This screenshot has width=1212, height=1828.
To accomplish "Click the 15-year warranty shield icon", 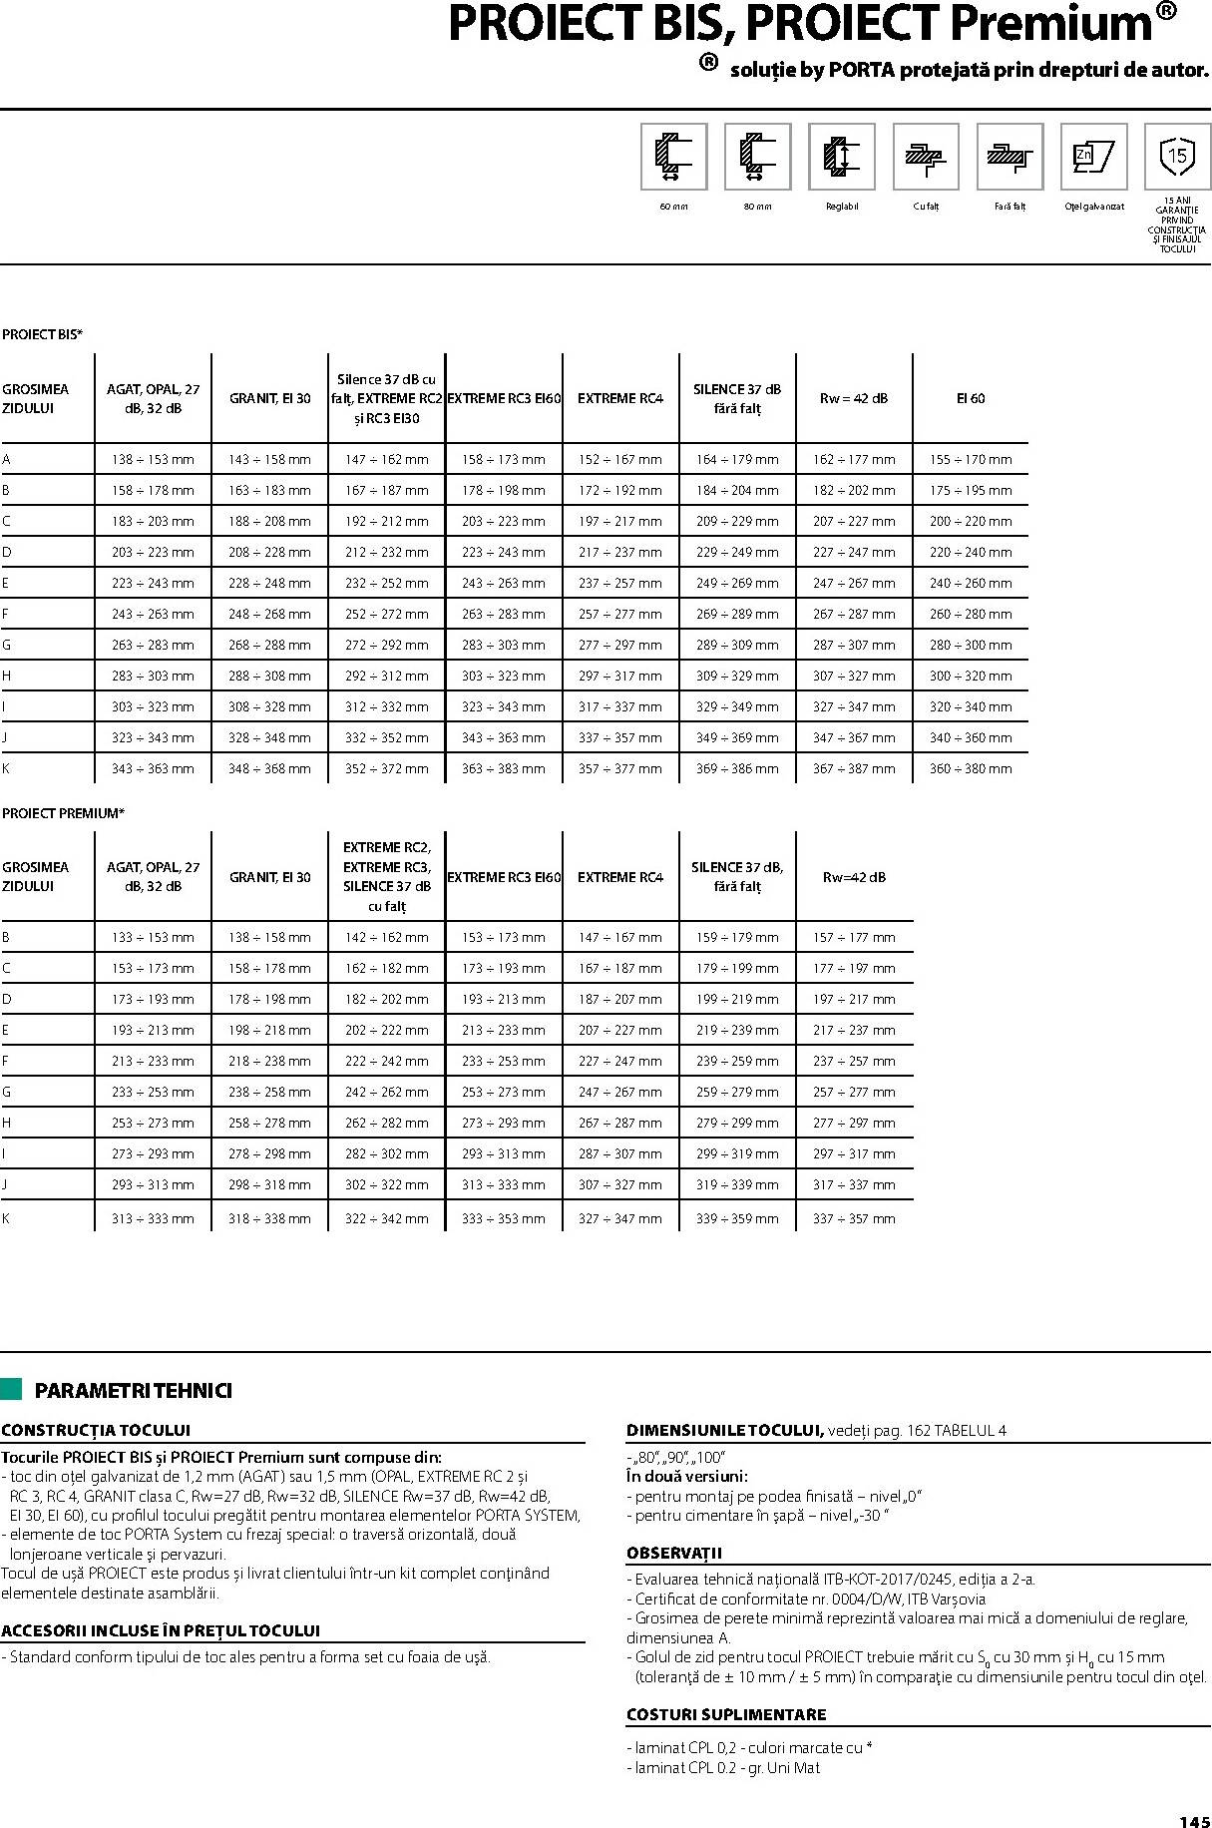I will [x=1177, y=157].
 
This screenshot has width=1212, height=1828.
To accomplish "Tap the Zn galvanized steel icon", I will [x=1093, y=157].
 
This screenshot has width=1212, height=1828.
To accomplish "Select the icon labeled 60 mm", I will [x=673, y=157].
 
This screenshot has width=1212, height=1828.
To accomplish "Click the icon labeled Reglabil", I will [x=842, y=157].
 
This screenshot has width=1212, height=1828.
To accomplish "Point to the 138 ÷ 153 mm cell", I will [x=153, y=460].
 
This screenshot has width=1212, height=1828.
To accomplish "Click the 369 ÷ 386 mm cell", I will [x=737, y=769].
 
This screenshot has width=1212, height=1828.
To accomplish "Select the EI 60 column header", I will [x=970, y=399].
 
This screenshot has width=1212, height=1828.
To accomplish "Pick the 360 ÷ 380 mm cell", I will [x=970, y=769].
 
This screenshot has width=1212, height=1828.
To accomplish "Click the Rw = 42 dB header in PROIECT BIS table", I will [x=853, y=399].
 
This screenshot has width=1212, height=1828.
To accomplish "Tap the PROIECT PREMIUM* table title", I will [x=63, y=814].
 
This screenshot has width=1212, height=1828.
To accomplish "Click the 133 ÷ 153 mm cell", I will [x=153, y=938].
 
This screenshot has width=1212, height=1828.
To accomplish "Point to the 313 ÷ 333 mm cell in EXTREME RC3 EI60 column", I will [x=503, y=1185].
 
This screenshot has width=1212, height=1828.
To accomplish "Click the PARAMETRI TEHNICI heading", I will [x=133, y=1391].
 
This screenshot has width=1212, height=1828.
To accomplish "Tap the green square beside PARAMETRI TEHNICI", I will [x=12, y=1389].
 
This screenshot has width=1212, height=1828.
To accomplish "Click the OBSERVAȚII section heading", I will [x=674, y=1554].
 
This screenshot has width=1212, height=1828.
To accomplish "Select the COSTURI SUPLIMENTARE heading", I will [x=726, y=1715].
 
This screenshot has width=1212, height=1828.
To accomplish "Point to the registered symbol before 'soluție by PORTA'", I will [x=708, y=63].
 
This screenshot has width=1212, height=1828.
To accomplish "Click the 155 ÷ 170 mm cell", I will [x=970, y=460].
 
